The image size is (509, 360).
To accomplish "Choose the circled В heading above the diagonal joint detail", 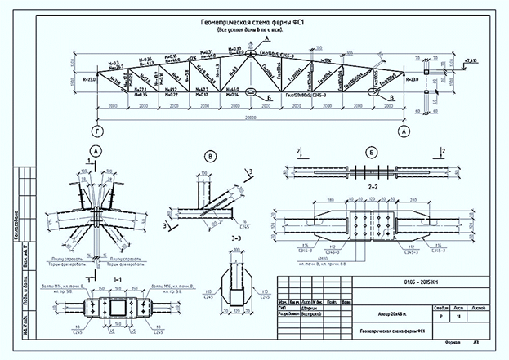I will (211, 157).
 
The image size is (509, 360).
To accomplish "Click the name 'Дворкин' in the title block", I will (315, 309).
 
